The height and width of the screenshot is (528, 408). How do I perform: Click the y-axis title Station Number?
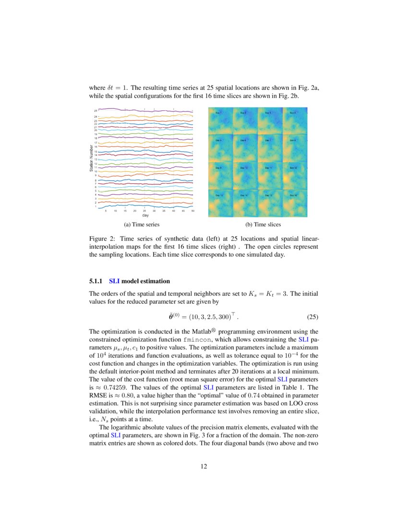coord(91,159)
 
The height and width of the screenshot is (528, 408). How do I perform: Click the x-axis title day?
coord(145,215)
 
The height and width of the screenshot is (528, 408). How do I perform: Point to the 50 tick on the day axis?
coord(192,211)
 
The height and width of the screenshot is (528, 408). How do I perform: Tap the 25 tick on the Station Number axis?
coord(96,111)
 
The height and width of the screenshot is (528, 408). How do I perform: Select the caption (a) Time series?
coord(142,224)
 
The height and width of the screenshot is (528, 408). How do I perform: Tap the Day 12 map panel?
coord(295,176)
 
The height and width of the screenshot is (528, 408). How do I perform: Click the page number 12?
coord(204,466)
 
